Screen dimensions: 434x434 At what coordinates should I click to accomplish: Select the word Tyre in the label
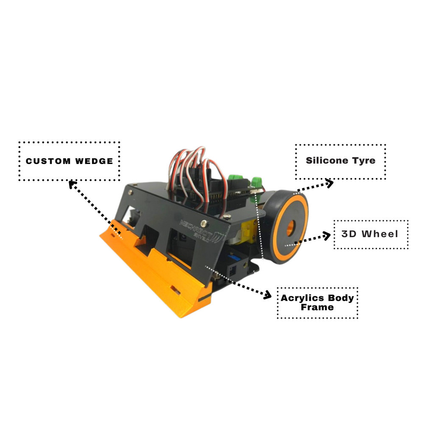pos(363,161)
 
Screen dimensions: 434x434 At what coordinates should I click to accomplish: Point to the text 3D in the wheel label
pos(349,234)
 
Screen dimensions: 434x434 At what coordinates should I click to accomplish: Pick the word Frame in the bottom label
pos(317,308)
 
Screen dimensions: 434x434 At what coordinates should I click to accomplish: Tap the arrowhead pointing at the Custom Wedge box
pos(72,184)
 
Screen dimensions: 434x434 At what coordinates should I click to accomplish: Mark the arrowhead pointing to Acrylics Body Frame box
pos(267,295)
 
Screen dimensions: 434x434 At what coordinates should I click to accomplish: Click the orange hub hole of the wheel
pos(291,228)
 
